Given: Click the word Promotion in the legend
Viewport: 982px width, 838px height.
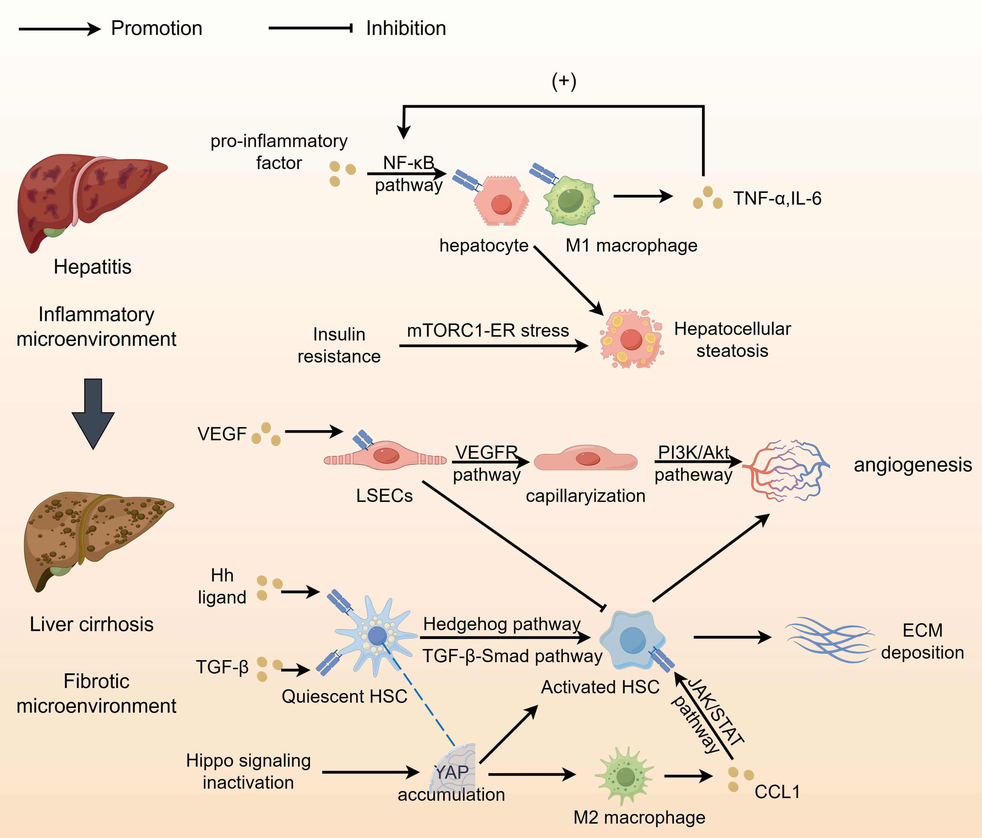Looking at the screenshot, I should (156, 28).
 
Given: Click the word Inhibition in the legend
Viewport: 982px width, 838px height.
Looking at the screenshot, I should (406, 28).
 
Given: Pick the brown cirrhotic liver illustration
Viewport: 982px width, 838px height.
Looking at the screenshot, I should (95, 536).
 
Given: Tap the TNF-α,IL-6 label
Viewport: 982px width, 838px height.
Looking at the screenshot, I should (777, 198).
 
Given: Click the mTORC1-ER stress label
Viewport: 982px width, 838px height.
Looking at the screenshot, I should (488, 331).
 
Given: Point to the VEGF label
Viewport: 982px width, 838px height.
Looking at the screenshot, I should (222, 434).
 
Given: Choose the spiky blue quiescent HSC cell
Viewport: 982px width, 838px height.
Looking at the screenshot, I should (377, 635).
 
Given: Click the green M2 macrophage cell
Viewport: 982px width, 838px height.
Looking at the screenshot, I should (625, 776).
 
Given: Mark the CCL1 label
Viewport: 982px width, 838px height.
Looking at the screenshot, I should (777, 792).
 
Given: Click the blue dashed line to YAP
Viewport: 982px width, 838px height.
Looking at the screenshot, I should (419, 694).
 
